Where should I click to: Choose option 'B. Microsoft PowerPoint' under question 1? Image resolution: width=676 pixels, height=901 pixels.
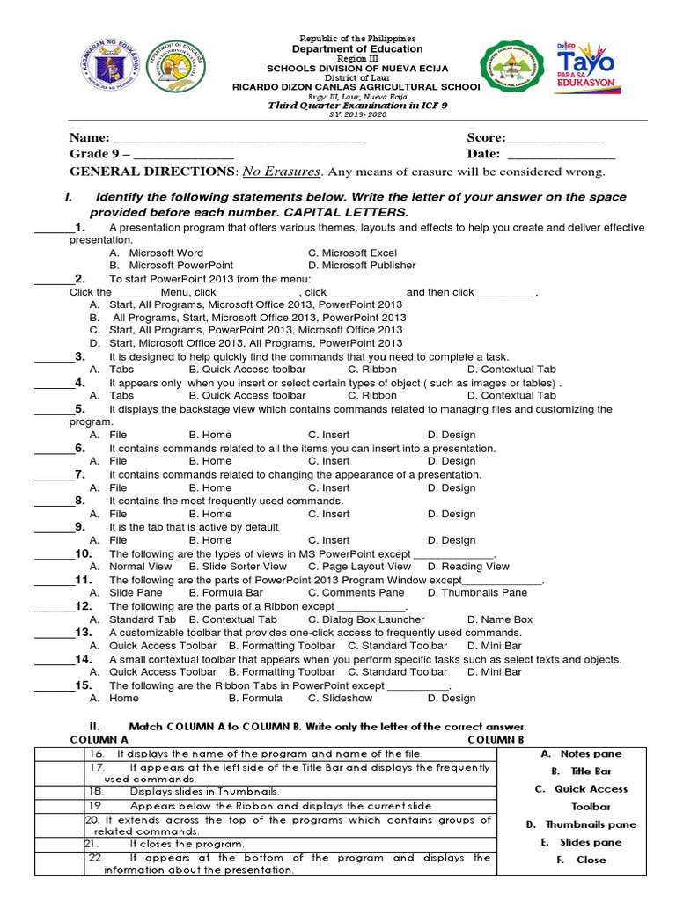point(172,265)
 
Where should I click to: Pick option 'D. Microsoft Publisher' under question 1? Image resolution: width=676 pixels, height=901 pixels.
point(362,265)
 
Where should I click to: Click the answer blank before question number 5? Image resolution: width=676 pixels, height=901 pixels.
point(51,410)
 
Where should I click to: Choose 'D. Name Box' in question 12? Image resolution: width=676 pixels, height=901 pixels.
point(499,620)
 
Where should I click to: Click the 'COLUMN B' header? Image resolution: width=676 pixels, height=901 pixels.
point(495,740)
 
